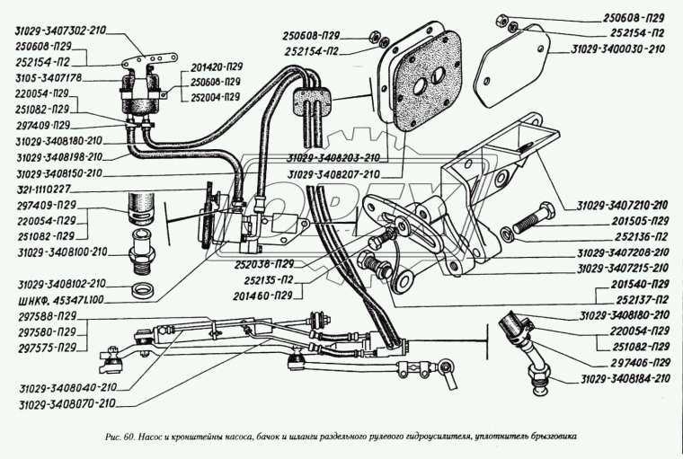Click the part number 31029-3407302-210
(60, 30)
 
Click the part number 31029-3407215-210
(624, 268)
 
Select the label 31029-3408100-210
(60, 252)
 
